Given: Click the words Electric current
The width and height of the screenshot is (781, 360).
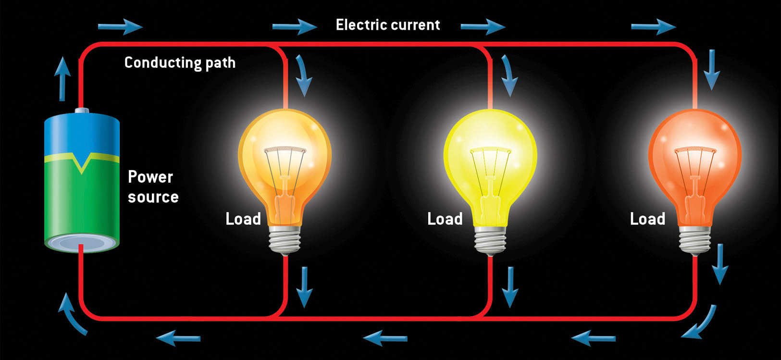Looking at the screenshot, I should (387, 25).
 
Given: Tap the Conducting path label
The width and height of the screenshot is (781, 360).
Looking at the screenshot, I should (180, 62).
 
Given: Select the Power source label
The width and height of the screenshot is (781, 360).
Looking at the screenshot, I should (153, 187).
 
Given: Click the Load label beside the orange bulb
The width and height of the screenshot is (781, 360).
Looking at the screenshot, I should (243, 219).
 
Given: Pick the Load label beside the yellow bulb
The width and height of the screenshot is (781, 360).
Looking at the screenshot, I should (445, 219).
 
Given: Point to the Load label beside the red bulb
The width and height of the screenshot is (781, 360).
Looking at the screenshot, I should (647, 219).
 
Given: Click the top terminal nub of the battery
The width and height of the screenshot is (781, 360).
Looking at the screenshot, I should (82, 111).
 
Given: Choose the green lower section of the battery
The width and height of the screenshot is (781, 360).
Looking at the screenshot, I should (82, 202).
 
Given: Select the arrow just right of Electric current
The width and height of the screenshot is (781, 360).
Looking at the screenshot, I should (483, 26).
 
